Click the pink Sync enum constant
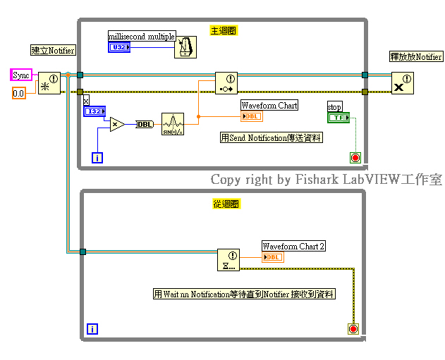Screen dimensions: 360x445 click(x=21, y=75)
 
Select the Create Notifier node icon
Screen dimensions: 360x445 click(x=49, y=82)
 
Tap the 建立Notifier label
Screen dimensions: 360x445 click(x=53, y=50)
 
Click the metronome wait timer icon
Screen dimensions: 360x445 click(x=185, y=46)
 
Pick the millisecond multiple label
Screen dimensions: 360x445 click(x=141, y=36)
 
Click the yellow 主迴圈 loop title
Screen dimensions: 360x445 click(x=224, y=30)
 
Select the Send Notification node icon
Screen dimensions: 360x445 click(x=226, y=82)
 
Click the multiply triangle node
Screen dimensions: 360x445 click(x=116, y=124)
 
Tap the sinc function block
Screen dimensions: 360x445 click(x=172, y=124)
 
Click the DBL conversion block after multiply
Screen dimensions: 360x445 click(x=145, y=124)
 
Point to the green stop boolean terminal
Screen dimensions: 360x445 click(x=338, y=118)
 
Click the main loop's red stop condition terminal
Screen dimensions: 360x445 click(x=355, y=157)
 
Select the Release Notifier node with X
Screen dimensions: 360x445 click(x=403, y=82)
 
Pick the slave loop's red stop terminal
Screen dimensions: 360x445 click(x=353, y=328)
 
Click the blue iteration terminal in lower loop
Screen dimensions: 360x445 click(x=92, y=328)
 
